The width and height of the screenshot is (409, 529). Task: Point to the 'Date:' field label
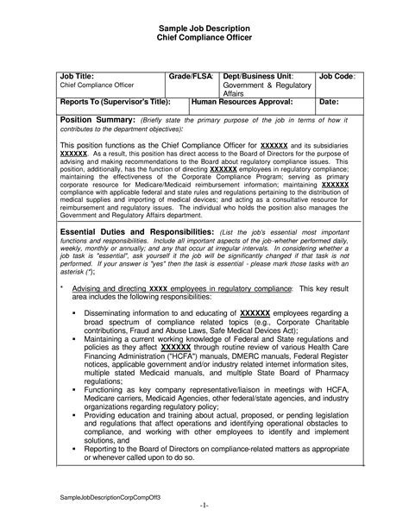[329, 102]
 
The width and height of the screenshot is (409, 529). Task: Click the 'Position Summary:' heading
[98, 119]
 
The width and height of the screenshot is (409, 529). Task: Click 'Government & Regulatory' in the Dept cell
[264, 86]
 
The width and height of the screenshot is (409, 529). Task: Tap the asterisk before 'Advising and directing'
[61, 286]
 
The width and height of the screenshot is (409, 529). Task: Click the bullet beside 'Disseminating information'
[76, 312]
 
